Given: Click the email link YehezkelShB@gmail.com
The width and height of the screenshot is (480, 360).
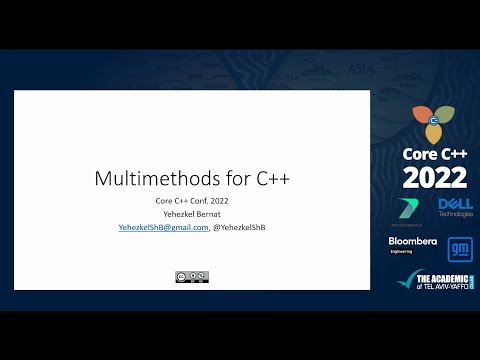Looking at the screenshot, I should pyautogui.click(x=164, y=228).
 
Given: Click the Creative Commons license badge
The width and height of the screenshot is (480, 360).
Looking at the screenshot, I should pyautogui.click(x=192, y=276).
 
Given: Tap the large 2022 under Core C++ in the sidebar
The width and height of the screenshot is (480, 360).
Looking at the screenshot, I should pyautogui.click(x=434, y=178).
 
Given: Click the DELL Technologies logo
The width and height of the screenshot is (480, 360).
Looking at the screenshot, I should pyautogui.click(x=455, y=207).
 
